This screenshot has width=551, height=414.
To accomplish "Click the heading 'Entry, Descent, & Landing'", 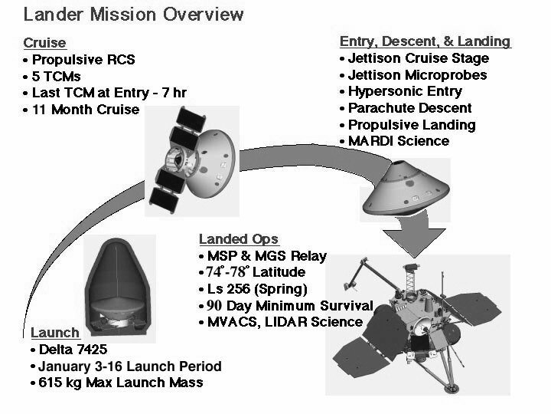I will click(424, 41).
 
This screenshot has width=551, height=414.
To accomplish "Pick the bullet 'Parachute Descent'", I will click(409, 108).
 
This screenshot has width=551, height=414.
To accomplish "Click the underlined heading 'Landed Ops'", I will click(238, 239).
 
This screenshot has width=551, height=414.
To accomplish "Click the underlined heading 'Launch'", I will click(54, 333).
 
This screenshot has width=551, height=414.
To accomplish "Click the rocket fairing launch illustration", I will click(115, 280).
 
